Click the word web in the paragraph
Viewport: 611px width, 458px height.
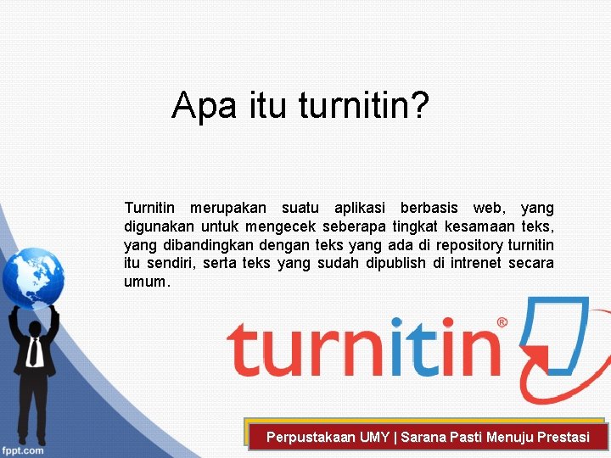(487, 208)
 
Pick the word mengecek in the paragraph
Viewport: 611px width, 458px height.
(280, 226)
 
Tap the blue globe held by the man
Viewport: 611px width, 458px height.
(32, 276)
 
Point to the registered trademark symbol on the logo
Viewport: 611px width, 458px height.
(502, 323)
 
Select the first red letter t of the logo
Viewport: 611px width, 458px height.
(243, 349)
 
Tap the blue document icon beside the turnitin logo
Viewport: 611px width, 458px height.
(556, 335)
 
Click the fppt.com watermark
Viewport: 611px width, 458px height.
(23, 450)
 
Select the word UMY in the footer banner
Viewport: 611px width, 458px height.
(374, 438)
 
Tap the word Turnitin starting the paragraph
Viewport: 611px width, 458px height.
(149, 208)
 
